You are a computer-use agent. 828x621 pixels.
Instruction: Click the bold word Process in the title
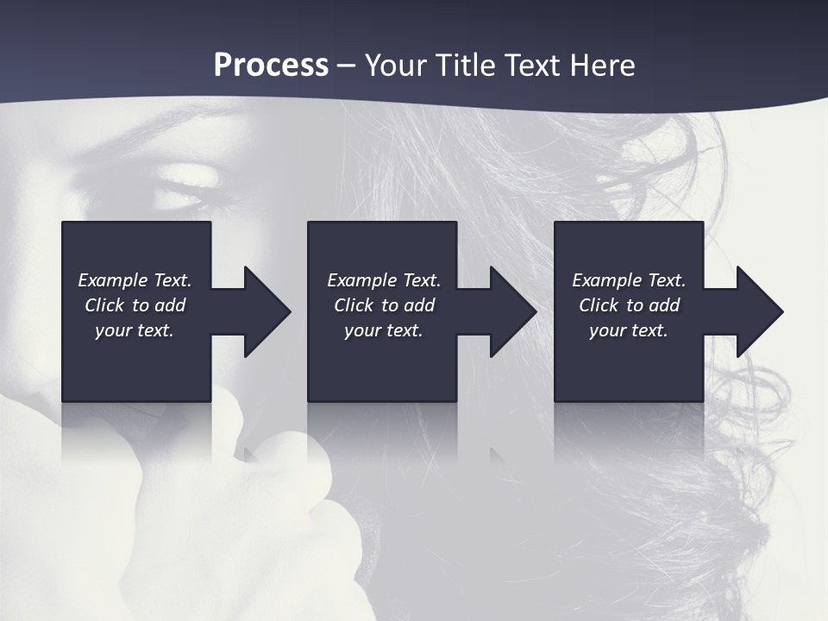coord(271,66)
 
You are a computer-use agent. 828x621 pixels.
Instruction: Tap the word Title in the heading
coord(462,66)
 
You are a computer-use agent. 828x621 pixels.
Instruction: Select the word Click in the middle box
coord(354,305)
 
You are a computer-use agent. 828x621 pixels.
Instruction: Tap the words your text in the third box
coord(628,330)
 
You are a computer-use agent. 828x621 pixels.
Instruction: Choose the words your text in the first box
coord(135,330)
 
